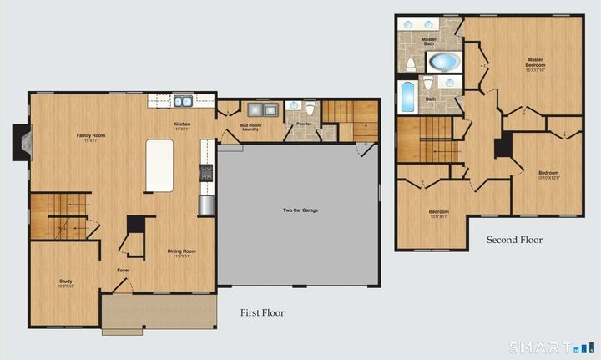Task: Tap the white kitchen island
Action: coord(159,165)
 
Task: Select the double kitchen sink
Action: coord(183,102)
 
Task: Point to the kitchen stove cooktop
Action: coord(206,172)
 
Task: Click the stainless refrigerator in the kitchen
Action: coord(206,205)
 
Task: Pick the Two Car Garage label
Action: coord(300,210)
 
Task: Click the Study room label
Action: coord(66,283)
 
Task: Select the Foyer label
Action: coord(123,270)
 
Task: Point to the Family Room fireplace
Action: coord(21,142)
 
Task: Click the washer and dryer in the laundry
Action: coord(255,109)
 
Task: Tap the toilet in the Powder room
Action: coord(309,109)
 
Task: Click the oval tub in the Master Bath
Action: coord(442,62)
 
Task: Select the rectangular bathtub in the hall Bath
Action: coord(407,97)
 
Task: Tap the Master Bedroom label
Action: coord(535,63)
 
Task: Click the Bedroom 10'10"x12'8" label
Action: coord(548,175)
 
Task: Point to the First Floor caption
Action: coord(262,313)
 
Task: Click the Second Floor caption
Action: coord(514,240)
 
